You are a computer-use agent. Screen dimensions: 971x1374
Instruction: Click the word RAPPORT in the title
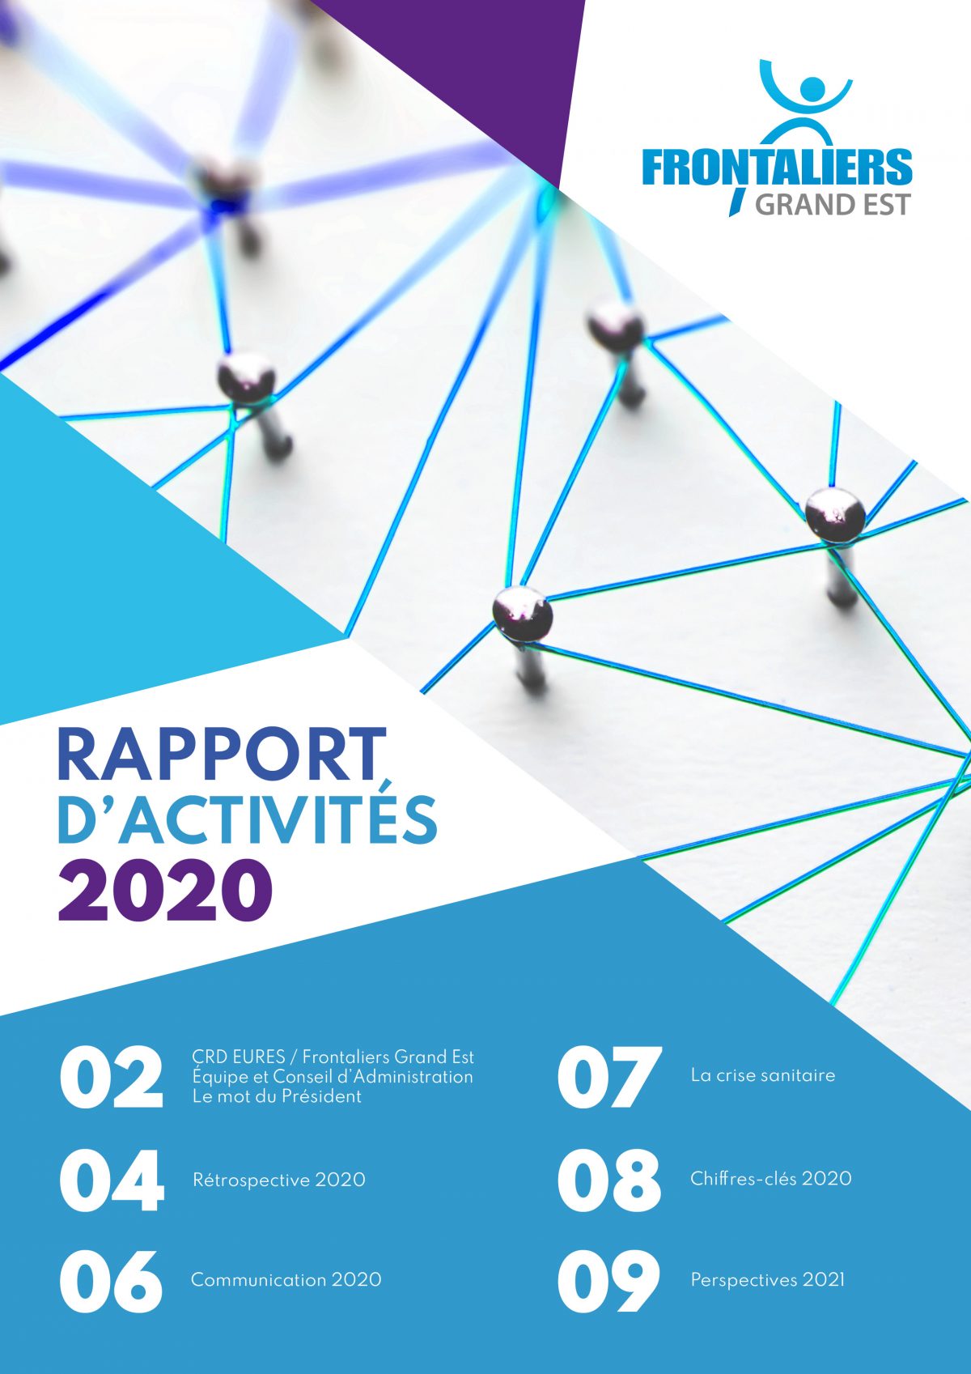point(222,755)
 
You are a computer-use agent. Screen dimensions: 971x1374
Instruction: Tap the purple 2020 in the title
point(165,891)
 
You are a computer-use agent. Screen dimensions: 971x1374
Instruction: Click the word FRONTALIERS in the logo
point(777,166)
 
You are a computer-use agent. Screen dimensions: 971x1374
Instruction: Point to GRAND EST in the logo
point(832,204)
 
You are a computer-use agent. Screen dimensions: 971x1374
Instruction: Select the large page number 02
point(111,1079)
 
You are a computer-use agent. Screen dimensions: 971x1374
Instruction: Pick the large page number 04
point(112,1180)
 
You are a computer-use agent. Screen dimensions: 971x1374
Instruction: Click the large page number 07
point(609,1078)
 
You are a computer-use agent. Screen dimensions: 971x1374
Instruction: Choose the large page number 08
point(608,1180)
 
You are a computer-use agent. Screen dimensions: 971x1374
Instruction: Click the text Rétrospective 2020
point(279,1180)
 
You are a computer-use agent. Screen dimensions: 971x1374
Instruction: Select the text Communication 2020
point(286,1280)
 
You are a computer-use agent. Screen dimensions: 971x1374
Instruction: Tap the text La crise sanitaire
point(762,1075)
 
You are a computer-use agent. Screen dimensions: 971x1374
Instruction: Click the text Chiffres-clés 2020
point(770,1178)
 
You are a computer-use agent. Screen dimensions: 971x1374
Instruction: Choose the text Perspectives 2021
point(767,1281)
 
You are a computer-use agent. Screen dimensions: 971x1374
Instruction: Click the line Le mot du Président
point(277,1096)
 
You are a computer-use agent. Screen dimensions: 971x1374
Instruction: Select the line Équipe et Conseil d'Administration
point(333,1077)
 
